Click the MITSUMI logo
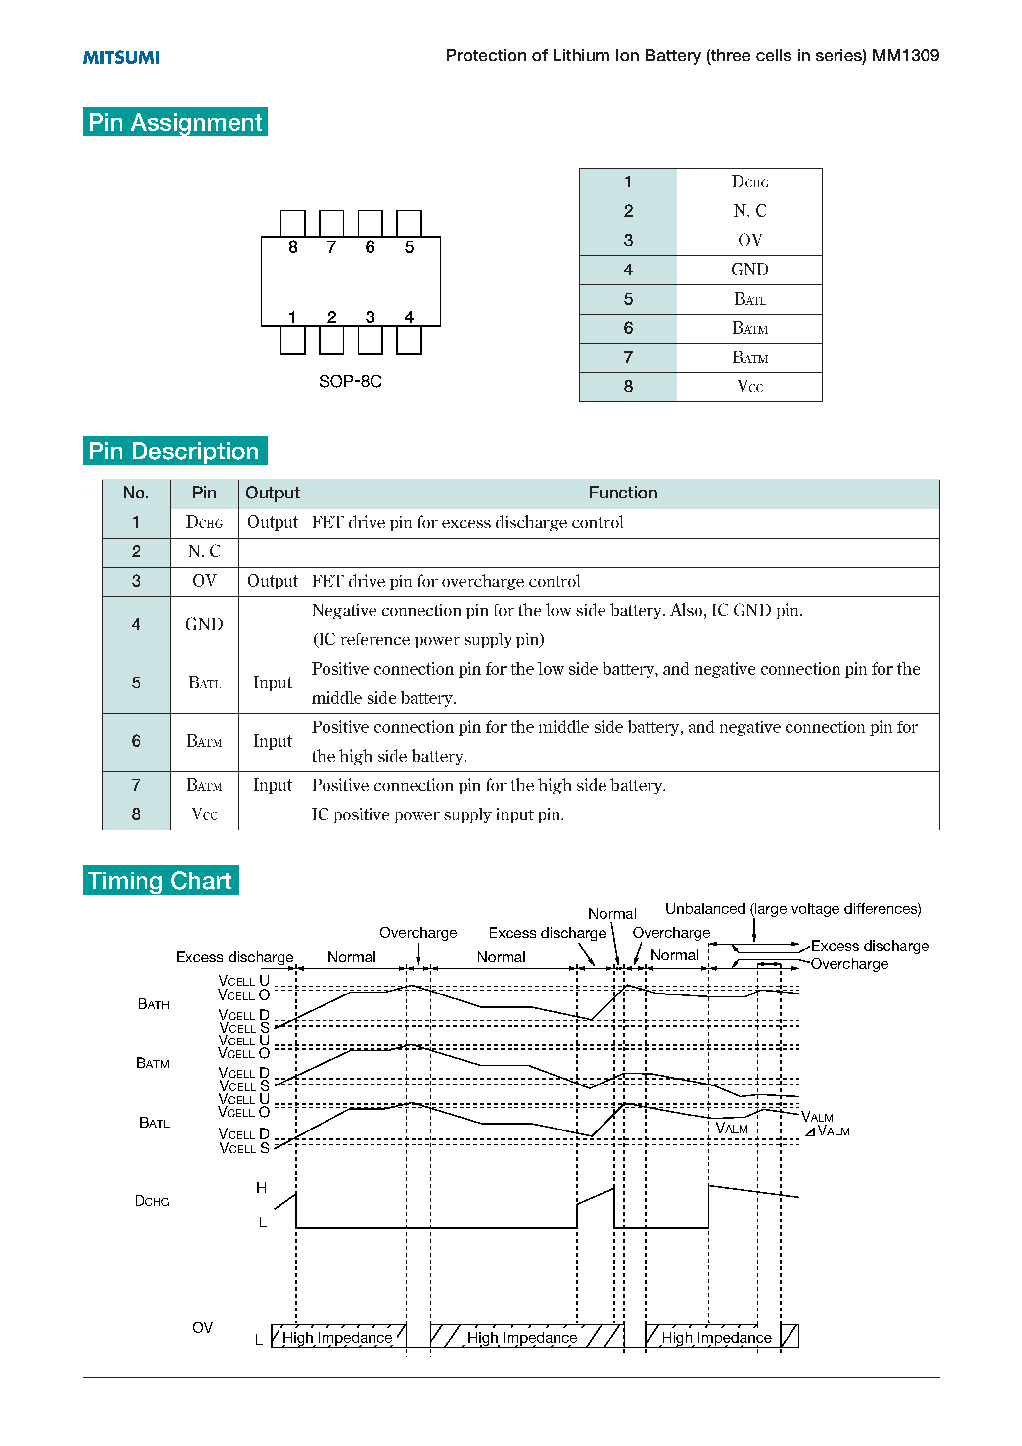pos(121,57)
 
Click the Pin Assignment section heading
pos(175,122)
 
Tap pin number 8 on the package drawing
pos(293,247)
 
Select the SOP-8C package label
pos(350,382)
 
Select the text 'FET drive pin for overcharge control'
pos(446,581)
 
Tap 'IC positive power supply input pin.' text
pos(437,815)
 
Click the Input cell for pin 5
pos(272,683)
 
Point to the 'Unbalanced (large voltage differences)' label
pos(792,909)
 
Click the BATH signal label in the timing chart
pos(153,1004)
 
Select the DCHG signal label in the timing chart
pos(152,1201)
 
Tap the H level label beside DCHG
pos(262,1188)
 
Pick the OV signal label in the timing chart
pos(202,1328)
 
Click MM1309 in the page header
pos(905,56)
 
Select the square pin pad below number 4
pos(409,341)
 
